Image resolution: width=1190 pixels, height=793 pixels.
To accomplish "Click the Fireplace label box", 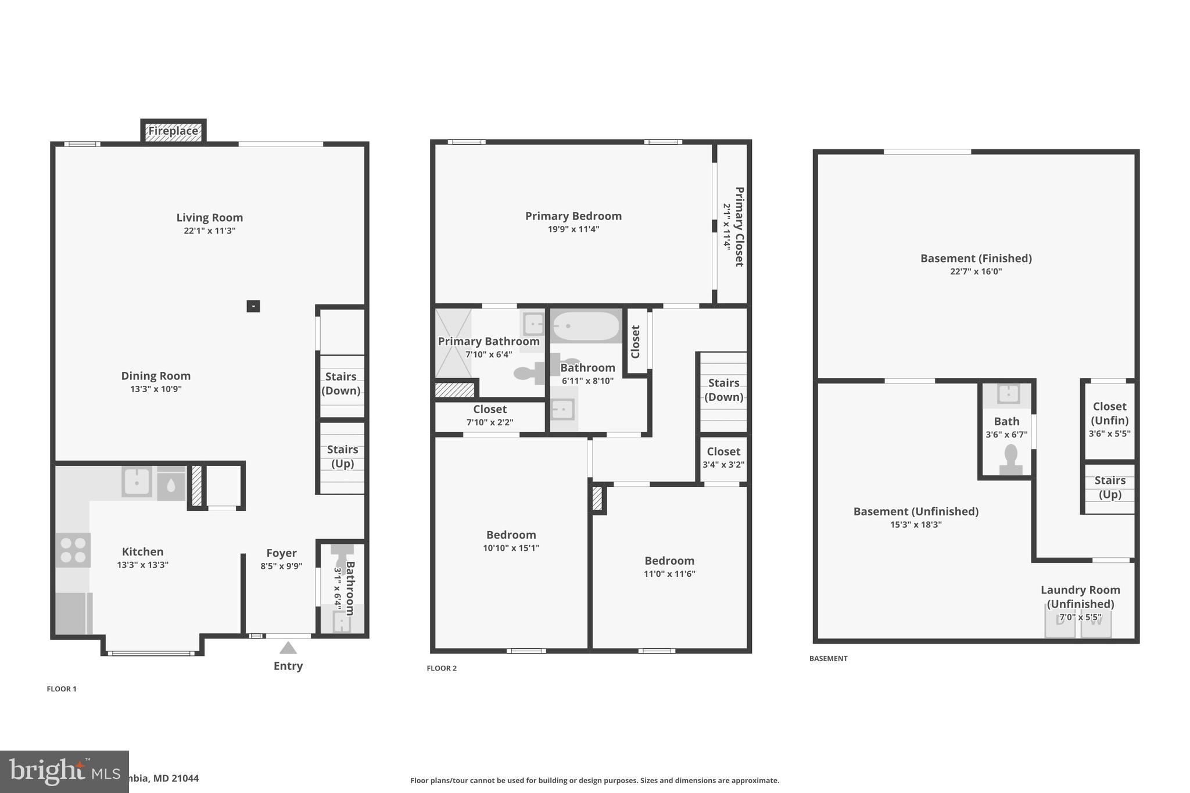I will click(x=173, y=131).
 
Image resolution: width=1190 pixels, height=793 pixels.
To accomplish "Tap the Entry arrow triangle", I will click(x=288, y=648).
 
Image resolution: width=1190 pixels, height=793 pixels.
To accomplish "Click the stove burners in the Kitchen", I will click(x=73, y=550).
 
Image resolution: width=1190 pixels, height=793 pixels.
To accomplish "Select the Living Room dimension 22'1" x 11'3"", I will click(x=209, y=231).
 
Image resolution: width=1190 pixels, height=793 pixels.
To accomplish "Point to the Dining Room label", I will click(x=156, y=376).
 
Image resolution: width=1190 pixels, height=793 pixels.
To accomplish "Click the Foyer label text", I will click(x=281, y=553).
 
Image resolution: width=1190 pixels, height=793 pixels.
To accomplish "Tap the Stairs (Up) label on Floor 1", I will click(x=342, y=457).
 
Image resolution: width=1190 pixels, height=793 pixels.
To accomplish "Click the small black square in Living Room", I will click(x=253, y=306).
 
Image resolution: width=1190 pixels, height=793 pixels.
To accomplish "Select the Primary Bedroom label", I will click(x=573, y=216).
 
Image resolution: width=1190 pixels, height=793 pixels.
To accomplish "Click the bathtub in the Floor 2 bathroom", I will click(x=586, y=326).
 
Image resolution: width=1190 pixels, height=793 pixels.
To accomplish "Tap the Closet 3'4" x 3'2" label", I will click(x=723, y=457).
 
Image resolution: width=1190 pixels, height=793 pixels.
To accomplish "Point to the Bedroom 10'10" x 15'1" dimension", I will click(x=511, y=548).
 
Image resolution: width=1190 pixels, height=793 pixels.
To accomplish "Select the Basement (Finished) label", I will click(x=976, y=259).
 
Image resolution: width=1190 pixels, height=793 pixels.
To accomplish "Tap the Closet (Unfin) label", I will click(x=1109, y=414).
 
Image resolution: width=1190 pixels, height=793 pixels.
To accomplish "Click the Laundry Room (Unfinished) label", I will click(x=1080, y=597).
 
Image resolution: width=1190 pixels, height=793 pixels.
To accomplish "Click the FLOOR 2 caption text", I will click(x=442, y=668).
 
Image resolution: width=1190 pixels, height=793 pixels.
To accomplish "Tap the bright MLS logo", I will click(x=64, y=772).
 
